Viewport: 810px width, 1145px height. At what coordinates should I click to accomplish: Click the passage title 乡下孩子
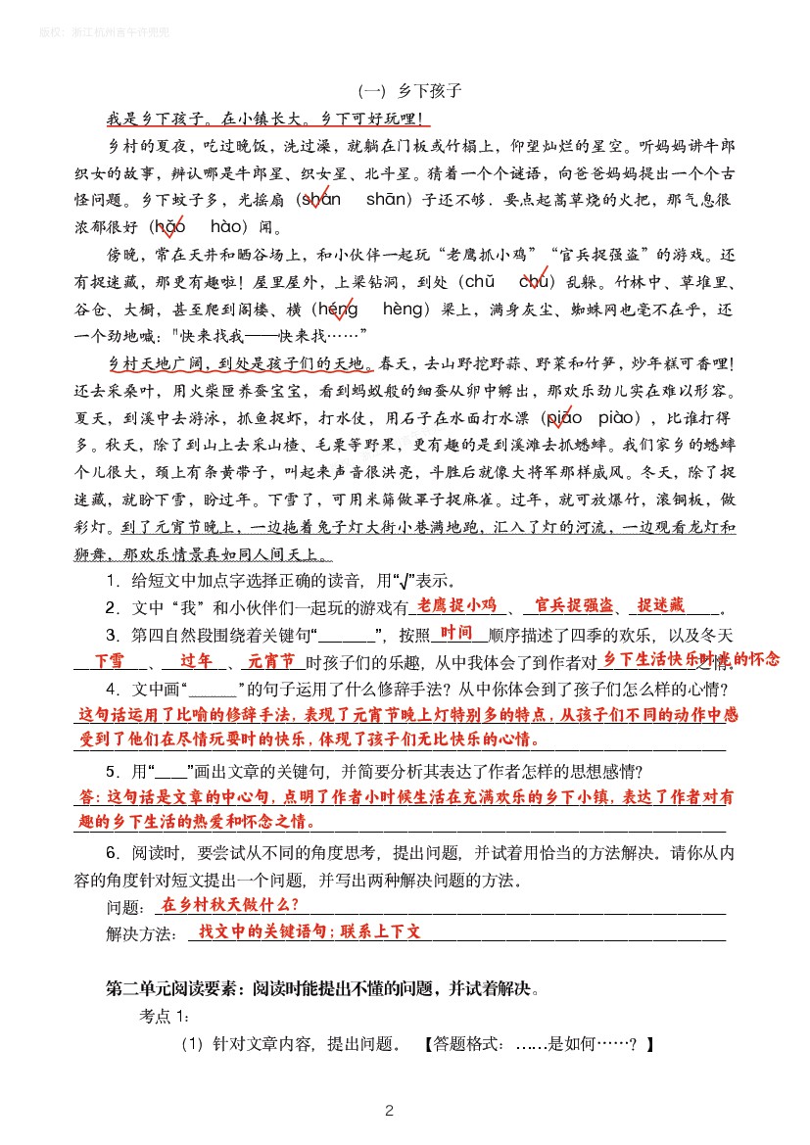429,92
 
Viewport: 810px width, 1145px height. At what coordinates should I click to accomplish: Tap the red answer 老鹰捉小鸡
456,604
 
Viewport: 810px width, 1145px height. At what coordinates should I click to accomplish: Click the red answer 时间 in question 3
457,632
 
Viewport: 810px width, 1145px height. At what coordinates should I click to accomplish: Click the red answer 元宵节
271,661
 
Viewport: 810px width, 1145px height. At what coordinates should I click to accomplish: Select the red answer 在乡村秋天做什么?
230,904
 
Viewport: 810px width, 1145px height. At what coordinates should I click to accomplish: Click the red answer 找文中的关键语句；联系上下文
310,931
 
